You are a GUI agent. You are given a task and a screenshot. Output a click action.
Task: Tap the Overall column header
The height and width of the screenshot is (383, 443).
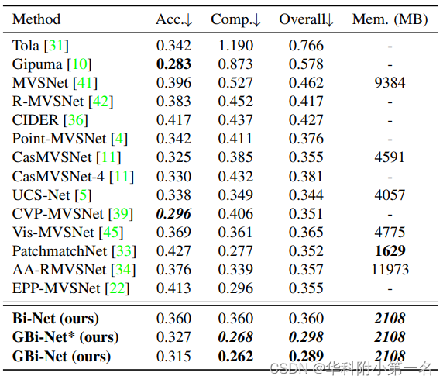pos(306,19)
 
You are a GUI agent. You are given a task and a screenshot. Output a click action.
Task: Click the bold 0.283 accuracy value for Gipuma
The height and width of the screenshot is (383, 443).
pos(173,64)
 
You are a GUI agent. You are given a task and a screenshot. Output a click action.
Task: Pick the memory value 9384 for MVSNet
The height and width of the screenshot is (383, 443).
pos(390,82)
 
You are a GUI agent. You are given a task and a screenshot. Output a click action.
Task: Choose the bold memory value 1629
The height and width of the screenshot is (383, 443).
pos(390,250)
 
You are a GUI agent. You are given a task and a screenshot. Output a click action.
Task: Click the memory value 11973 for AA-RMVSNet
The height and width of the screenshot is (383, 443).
pos(390,269)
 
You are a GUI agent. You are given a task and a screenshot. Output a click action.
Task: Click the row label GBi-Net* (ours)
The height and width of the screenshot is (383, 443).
pos(64,336)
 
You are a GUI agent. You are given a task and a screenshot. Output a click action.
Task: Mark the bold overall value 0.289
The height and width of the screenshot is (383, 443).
pos(306,356)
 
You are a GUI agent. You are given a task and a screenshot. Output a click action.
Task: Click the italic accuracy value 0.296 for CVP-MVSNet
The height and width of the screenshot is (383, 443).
pos(173,213)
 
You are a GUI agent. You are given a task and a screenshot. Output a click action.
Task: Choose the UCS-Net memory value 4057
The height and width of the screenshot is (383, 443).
pos(390,195)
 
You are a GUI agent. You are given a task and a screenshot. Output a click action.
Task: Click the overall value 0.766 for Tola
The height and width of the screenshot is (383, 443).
pos(306,45)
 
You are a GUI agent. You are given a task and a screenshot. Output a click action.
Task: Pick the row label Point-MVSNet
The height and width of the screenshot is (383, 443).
pos(60,138)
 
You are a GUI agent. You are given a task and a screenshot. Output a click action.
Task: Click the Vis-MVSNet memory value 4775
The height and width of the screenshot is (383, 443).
pos(390,232)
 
